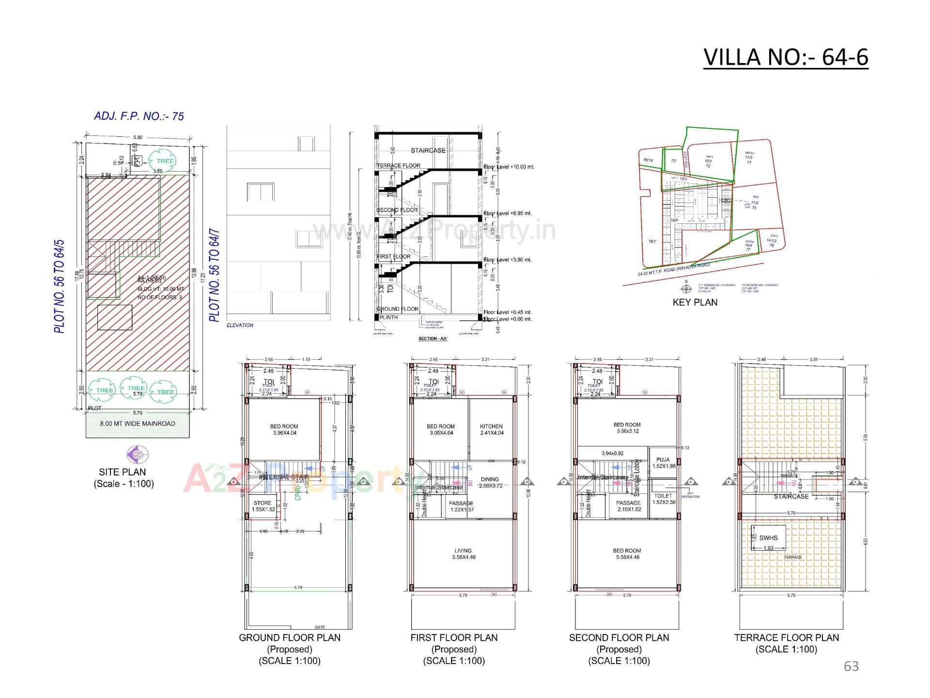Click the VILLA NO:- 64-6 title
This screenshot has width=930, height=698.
point(785,57)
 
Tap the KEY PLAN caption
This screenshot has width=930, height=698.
point(695,302)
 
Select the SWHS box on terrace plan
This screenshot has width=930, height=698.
point(768,538)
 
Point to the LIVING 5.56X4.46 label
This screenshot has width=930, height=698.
point(463,554)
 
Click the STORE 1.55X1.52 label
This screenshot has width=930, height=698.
point(263,506)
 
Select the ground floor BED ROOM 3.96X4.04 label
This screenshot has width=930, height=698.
point(284,429)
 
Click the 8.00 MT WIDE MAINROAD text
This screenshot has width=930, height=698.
point(138,424)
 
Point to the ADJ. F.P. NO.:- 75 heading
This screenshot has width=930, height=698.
point(139,116)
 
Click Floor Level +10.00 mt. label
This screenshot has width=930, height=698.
point(509,167)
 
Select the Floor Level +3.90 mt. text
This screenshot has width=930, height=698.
point(508,260)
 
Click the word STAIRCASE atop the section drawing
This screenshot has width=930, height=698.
point(428,151)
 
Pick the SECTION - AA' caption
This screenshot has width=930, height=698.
point(433,338)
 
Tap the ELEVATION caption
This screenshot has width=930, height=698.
point(240,325)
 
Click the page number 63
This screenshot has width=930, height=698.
point(851,666)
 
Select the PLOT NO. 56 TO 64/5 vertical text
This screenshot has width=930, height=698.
point(60,286)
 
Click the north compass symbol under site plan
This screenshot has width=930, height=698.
point(137,455)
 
